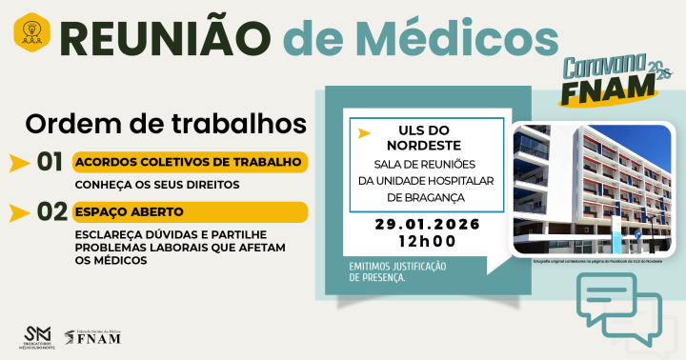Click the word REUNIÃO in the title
coord(169,35)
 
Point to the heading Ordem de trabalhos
coord(166,124)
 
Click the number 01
coord(50,162)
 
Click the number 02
coord(50,211)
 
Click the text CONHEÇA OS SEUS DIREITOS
coord(157,185)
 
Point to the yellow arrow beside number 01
coord(18,163)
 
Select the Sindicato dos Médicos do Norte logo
coord(38,336)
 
